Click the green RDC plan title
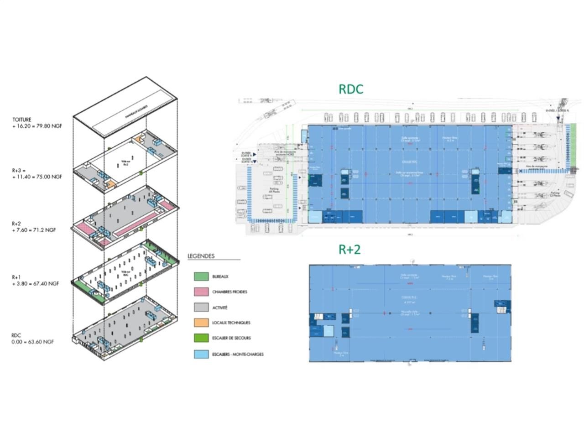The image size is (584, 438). pyautogui.click(x=350, y=89)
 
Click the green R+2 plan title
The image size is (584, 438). pyautogui.click(x=349, y=249)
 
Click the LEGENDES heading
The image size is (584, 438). pyautogui.click(x=201, y=256)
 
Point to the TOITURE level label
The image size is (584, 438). pyautogui.click(x=22, y=120)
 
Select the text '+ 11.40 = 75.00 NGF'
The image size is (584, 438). pyautogui.click(x=37, y=177)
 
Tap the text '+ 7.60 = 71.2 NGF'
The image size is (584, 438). pyautogui.click(x=34, y=230)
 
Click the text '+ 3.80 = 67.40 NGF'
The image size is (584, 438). pyautogui.click(x=36, y=283)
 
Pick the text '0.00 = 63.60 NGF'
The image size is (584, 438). pyautogui.click(x=33, y=341)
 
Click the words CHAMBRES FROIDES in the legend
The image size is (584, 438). pyautogui.click(x=229, y=292)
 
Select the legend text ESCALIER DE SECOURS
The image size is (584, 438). pyautogui.click(x=231, y=338)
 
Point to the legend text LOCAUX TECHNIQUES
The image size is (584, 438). pyautogui.click(x=231, y=323)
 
